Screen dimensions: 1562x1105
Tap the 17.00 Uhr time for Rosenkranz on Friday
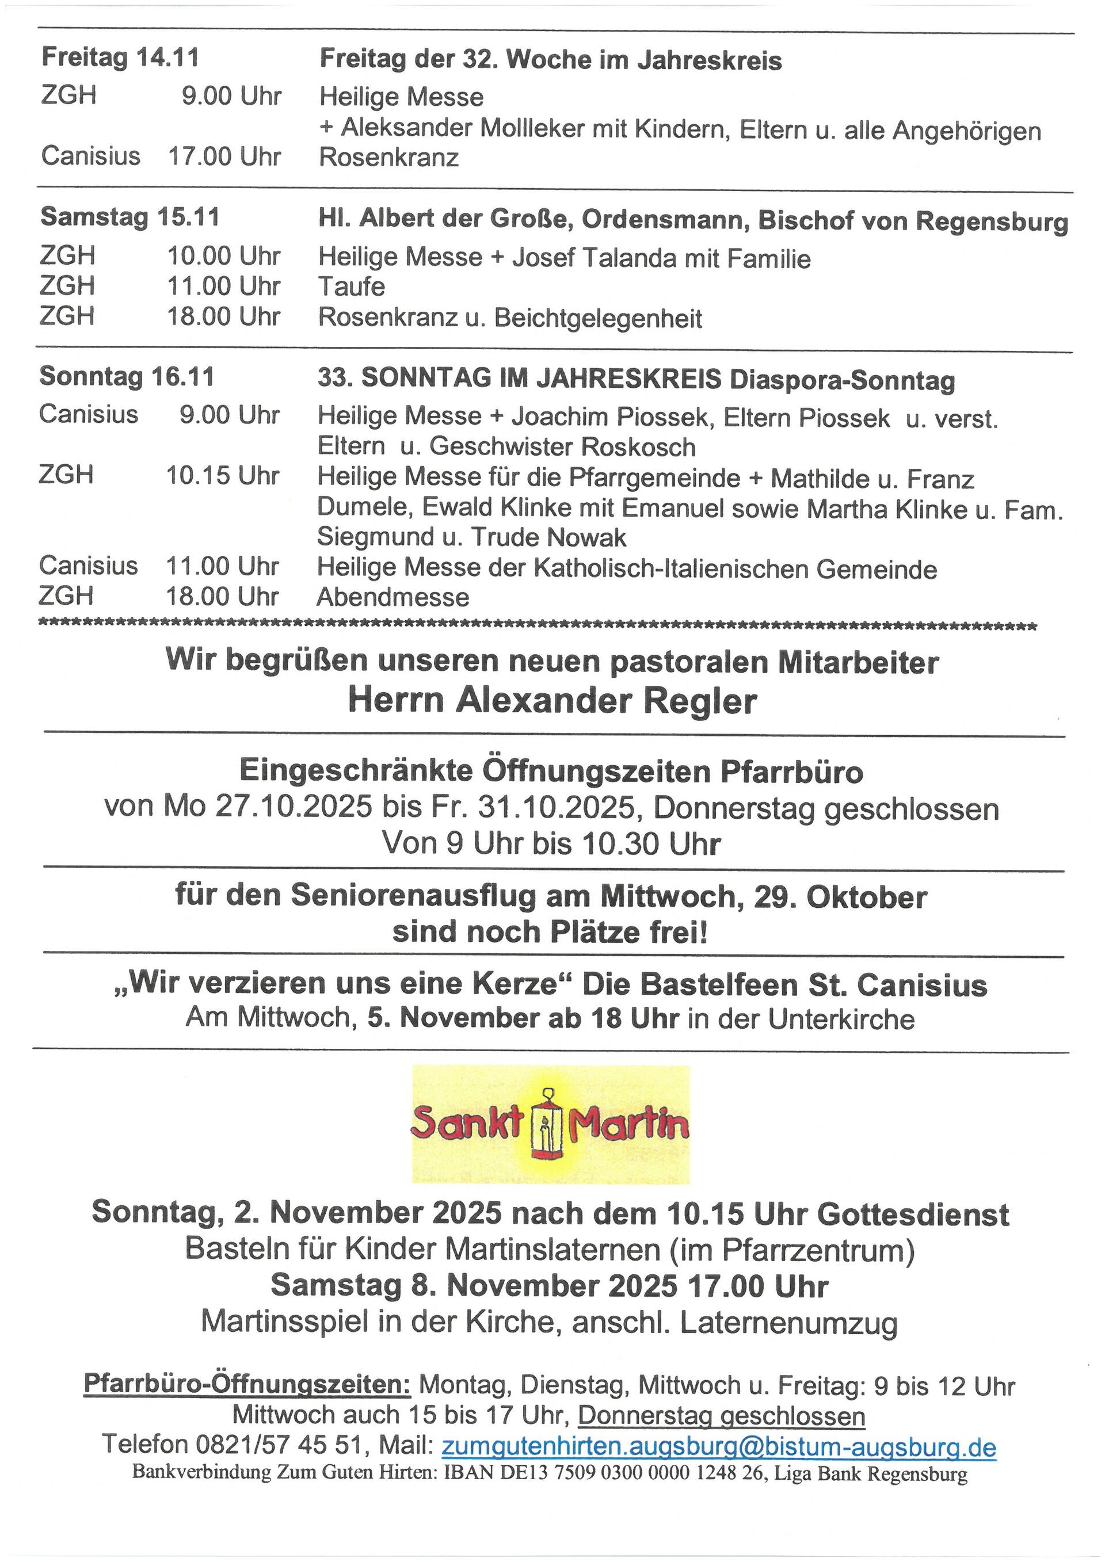(x=224, y=156)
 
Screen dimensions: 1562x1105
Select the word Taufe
(x=351, y=287)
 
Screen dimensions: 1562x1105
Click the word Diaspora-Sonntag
(x=841, y=380)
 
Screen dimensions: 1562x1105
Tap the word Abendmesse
(x=393, y=597)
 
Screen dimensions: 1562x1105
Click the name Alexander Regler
(x=605, y=701)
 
